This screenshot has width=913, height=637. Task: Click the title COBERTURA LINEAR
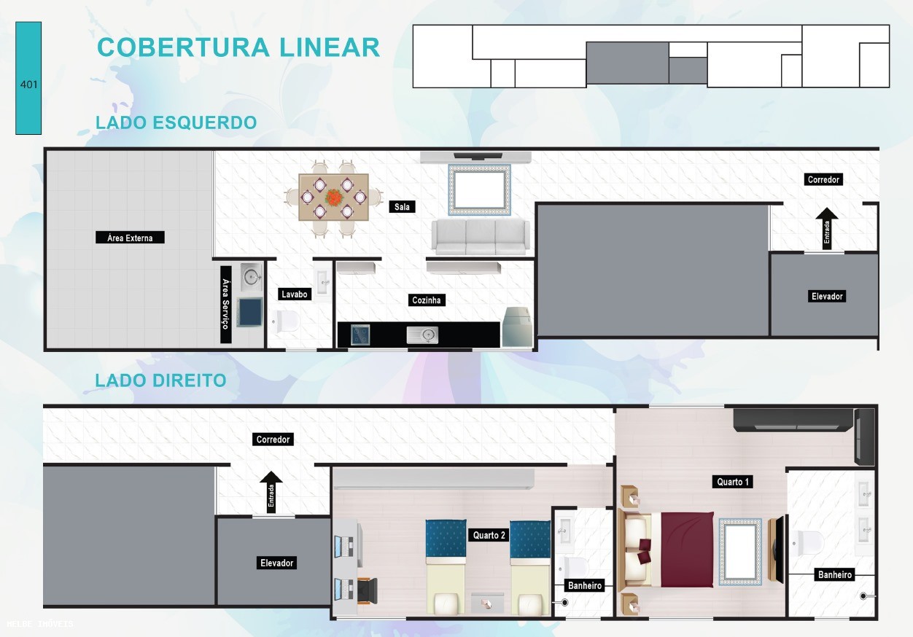tap(238, 47)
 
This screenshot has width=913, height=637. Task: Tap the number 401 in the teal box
tap(29, 85)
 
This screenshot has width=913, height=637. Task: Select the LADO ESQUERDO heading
tap(176, 122)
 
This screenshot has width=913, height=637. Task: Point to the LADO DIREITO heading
tap(160, 380)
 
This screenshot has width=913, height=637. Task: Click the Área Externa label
tap(130, 238)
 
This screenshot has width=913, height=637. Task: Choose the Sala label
tap(402, 207)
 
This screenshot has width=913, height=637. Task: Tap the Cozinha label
tap(427, 300)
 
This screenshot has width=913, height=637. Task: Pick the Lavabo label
tap(294, 294)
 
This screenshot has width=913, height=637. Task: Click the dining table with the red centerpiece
tap(333, 198)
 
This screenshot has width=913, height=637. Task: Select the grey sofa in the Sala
tap(480, 236)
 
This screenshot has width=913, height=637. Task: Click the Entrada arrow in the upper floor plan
tap(826, 227)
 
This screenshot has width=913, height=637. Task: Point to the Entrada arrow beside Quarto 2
tap(271, 492)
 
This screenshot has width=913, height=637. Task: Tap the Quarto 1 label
tap(732, 482)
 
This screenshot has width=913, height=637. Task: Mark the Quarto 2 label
tap(489, 536)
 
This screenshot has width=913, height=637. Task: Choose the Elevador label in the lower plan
tap(276, 563)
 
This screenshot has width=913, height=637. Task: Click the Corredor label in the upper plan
tap(823, 179)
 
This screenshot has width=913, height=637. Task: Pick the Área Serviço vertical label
tap(225, 300)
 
